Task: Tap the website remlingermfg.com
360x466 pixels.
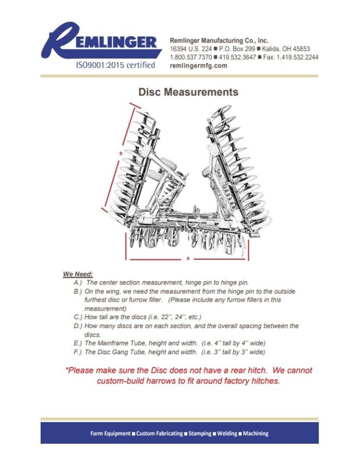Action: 198,66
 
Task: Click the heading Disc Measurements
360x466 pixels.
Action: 188,92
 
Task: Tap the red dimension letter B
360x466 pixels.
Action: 120,153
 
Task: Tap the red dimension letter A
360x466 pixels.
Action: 188,257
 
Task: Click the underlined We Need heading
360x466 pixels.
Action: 78,274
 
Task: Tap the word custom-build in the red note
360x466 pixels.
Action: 123,381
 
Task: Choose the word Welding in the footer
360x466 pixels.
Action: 223,434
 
